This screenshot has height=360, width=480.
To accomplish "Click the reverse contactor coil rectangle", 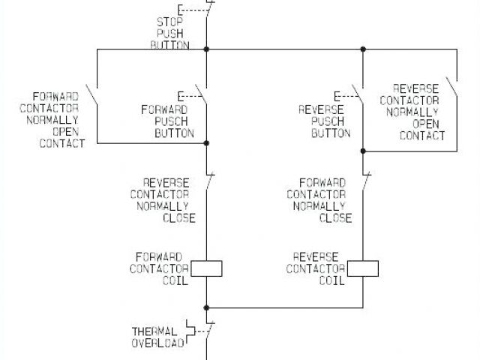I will (364, 268).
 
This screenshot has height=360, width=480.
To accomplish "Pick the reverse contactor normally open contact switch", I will (451, 88).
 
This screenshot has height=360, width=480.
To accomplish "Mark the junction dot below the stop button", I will (206, 49).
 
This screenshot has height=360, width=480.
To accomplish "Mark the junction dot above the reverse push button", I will (364, 49).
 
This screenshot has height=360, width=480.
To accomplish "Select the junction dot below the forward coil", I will (206, 307).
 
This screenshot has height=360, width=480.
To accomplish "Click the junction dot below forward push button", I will (206, 142).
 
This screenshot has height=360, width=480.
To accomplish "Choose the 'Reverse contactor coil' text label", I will (315, 268).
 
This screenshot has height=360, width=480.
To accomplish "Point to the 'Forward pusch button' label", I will (167, 121).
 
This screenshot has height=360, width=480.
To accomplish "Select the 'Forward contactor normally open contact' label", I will (58, 119).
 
